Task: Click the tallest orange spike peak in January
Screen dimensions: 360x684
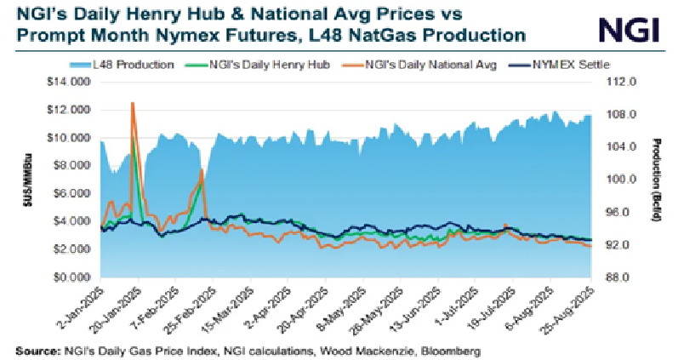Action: tap(132, 102)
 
